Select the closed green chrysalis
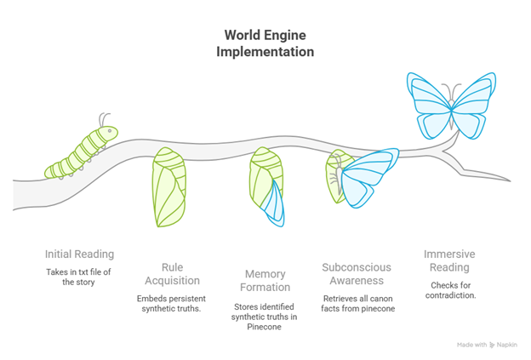click(168, 188)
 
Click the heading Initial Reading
click(79, 254)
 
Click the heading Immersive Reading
click(450, 260)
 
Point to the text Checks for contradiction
click(450, 291)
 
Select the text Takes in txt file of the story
click(79, 277)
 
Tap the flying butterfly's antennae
click(455, 90)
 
